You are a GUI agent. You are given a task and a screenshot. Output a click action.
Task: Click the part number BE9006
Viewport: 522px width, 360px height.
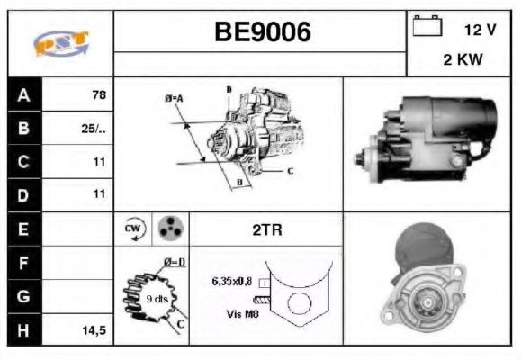tap(262, 32)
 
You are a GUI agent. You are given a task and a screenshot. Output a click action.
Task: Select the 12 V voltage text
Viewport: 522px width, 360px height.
tap(480, 30)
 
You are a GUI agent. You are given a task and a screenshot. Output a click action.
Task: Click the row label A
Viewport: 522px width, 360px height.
tap(22, 94)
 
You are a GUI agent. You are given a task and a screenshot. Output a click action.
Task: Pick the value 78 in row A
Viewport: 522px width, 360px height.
tap(97, 94)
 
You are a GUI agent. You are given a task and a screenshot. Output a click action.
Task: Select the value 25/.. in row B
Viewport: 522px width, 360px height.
tap(94, 128)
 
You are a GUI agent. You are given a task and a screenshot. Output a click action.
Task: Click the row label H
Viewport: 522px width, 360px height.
tap(22, 330)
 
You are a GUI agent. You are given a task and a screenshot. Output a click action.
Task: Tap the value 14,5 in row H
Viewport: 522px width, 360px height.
tap(93, 330)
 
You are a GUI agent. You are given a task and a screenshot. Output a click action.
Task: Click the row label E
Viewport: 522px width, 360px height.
tap(22, 229)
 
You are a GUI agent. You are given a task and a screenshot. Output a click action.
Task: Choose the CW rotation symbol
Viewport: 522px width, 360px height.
tap(132, 229)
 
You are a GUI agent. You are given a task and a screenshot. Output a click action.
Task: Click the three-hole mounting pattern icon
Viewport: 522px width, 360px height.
tap(167, 229)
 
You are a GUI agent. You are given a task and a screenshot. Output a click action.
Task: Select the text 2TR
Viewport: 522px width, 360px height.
tap(265, 229)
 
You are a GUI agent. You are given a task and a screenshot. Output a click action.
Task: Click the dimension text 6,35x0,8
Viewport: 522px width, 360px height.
tap(232, 281)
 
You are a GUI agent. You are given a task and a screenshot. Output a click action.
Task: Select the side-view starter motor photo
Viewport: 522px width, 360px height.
tap(429, 144)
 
